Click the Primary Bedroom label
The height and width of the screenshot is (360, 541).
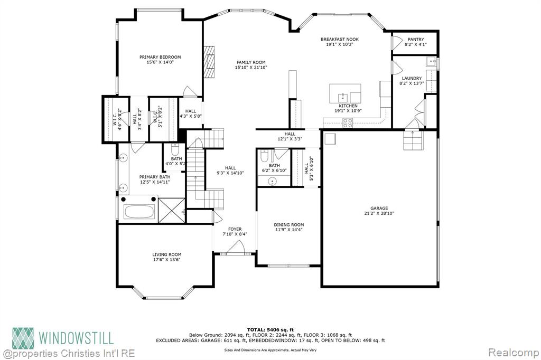coord(160,57)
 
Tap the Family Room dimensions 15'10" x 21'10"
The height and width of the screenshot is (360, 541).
coord(251,68)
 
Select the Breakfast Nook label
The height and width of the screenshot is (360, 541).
coord(340,39)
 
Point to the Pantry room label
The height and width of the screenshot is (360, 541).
coord(416,39)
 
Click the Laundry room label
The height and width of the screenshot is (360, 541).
coord(412,78)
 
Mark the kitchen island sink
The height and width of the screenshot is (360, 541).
coord(342,97)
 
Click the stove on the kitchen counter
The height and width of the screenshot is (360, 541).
coord(348,122)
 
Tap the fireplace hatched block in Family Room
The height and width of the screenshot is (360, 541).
coord(209,62)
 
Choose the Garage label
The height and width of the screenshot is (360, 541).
coord(379,209)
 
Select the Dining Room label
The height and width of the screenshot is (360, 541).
coord(289,225)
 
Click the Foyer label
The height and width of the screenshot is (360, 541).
coord(235,229)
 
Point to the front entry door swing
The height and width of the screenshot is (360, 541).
coord(236,248)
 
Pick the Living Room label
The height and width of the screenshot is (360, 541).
coord(167,255)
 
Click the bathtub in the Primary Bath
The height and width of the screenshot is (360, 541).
coord(139,211)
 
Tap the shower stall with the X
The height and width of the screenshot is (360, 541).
coord(172,210)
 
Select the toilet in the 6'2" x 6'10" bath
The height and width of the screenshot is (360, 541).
coord(265,156)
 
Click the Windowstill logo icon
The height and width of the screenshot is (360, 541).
coord(23,338)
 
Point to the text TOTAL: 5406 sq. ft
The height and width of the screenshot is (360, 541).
coord(270,330)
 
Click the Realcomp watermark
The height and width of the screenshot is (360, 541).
coord(513,353)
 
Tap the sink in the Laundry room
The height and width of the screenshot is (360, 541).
coord(431,62)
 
